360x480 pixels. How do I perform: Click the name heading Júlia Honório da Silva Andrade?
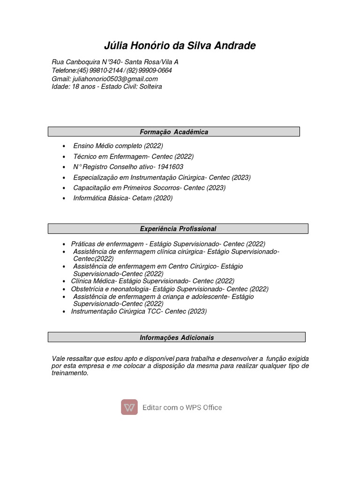tap(180, 45)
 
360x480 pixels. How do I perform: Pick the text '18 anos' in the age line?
tap(82, 87)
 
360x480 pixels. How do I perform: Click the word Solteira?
tap(150, 87)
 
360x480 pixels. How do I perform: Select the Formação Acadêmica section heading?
tap(174, 132)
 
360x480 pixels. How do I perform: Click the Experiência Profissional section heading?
tap(178, 229)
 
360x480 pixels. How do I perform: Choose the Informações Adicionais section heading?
tap(177, 337)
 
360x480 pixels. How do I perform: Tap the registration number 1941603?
tap(170, 167)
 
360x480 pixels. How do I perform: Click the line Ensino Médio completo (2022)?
tap(118, 146)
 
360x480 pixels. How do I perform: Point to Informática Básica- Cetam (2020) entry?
tap(123, 198)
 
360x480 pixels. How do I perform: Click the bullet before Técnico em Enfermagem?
tap(64, 157)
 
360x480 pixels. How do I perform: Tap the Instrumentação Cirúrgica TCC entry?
tap(139, 311)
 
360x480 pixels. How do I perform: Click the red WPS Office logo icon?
tap(129, 407)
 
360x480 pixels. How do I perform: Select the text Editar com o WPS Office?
tap(182, 407)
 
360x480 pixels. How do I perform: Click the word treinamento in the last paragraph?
tap(69, 373)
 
